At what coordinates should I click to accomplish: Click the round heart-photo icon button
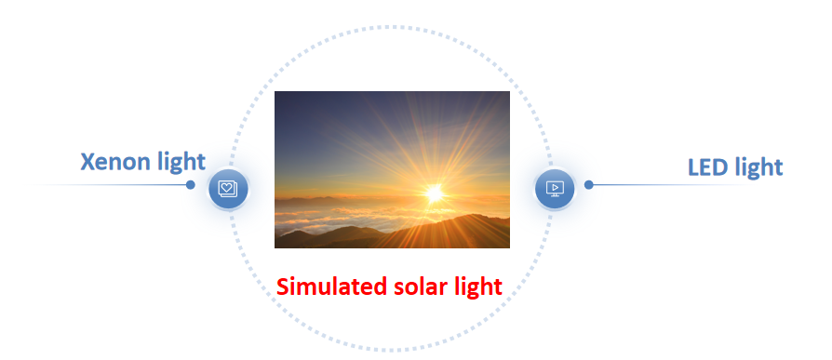pyautogui.click(x=228, y=188)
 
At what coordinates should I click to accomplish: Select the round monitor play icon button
pyautogui.click(x=555, y=188)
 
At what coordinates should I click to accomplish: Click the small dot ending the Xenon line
pyautogui.click(x=191, y=184)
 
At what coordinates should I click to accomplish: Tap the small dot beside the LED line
pyautogui.click(x=588, y=184)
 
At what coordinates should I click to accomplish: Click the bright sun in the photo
pyautogui.click(x=434, y=193)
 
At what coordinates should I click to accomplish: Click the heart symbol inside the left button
pyautogui.click(x=226, y=187)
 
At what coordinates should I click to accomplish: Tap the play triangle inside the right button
pyautogui.click(x=555, y=187)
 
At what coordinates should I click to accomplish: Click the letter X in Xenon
pyautogui.click(x=87, y=162)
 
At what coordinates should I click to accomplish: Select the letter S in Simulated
pyautogui.click(x=282, y=287)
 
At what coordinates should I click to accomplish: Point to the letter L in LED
pyautogui.click(x=693, y=167)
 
